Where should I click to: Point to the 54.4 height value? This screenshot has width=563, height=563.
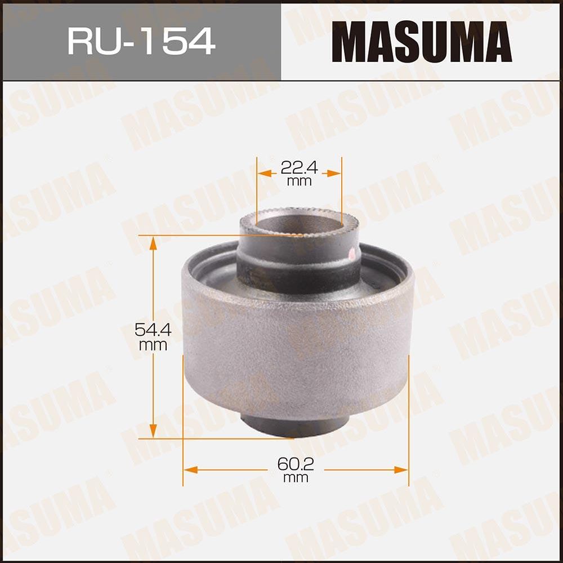153,329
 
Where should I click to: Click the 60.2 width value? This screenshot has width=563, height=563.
296,464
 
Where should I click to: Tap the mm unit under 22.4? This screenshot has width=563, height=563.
299,181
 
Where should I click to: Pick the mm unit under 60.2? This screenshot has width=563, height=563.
296,478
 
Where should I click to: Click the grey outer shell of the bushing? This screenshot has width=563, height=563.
296,349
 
